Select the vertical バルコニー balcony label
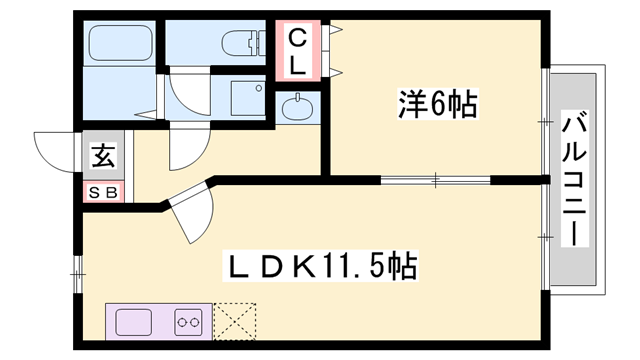(574, 181)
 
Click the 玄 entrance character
(103, 156)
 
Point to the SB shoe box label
(103, 191)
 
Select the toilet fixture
(240, 43)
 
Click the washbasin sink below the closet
(297, 107)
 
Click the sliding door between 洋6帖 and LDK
(436, 181)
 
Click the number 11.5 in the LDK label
(354, 267)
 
